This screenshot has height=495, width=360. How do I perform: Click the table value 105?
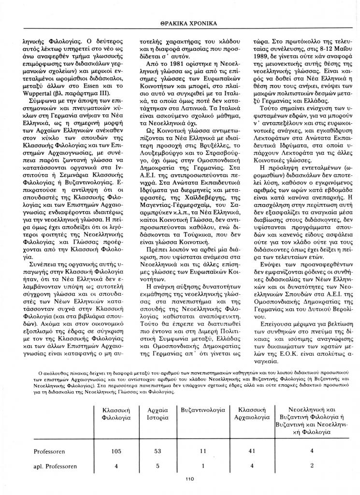pyautogui.click(x=115, y=451)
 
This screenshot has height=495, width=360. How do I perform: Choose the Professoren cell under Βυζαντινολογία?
pyautogui.click(x=203, y=451)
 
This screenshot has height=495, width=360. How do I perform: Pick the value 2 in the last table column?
pyautogui.click(x=312, y=466)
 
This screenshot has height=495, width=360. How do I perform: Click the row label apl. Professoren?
pyautogui.click(x=56, y=466)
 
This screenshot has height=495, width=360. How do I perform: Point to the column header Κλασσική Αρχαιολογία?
pyautogui.click(x=251, y=413)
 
